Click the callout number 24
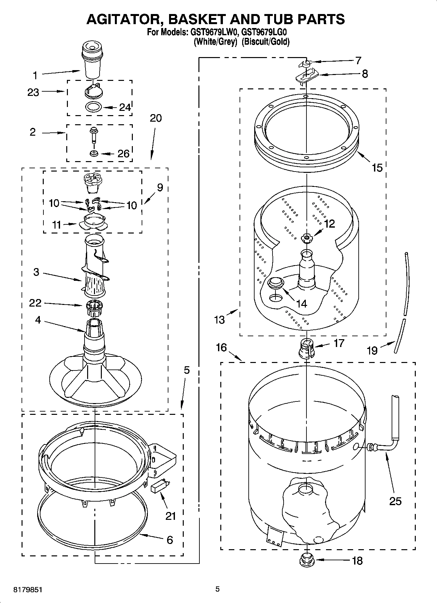(x=125, y=107)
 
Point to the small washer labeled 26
(x=94, y=153)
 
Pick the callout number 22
(x=35, y=303)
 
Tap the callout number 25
(x=395, y=501)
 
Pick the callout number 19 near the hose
(x=372, y=351)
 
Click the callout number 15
(x=377, y=168)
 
